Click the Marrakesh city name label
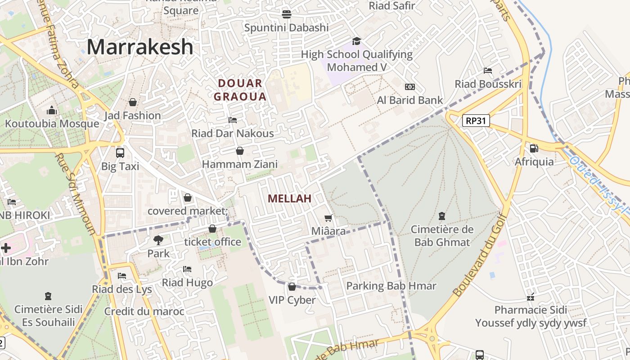tap(140, 47)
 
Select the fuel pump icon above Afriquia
tap(534, 148)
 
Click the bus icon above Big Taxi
tap(120, 153)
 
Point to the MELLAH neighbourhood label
tap(289, 198)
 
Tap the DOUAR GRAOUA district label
tap(240, 90)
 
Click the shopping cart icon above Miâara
tap(328, 218)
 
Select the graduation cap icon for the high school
tap(357, 41)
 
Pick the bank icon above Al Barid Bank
tap(409, 87)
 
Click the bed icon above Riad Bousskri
tap(488, 71)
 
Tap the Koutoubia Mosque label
tap(52, 124)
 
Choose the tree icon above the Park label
tap(158, 240)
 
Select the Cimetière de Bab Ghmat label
tap(442, 236)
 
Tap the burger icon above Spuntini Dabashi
tap(287, 14)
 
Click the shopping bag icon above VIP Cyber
tap(292, 287)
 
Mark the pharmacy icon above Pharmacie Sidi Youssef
tap(531, 297)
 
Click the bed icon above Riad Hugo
tap(187, 270)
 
